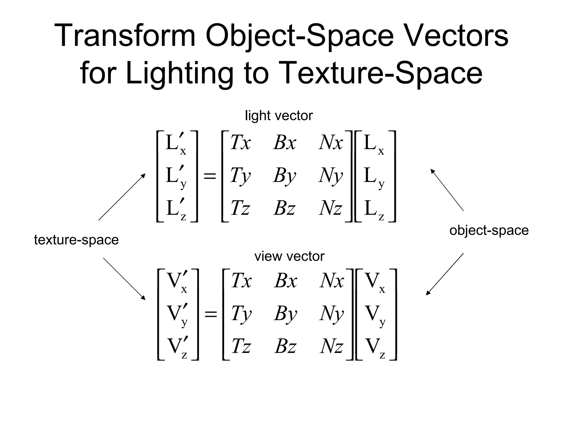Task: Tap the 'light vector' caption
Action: pos(279,116)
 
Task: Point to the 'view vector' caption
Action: pos(289,256)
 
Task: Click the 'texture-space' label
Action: pos(76,240)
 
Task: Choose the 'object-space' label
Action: pos(489,230)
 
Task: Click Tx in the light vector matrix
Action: pos(240,143)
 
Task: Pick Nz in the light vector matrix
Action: pos(331,208)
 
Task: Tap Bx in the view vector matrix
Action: pos(286,281)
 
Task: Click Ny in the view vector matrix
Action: pos(332,314)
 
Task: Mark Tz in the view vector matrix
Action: pos(241,346)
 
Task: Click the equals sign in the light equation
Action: pos(210,176)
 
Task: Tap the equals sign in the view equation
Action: pos(211,314)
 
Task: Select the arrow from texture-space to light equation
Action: pos(122,197)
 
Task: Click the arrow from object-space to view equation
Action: pos(445,274)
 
